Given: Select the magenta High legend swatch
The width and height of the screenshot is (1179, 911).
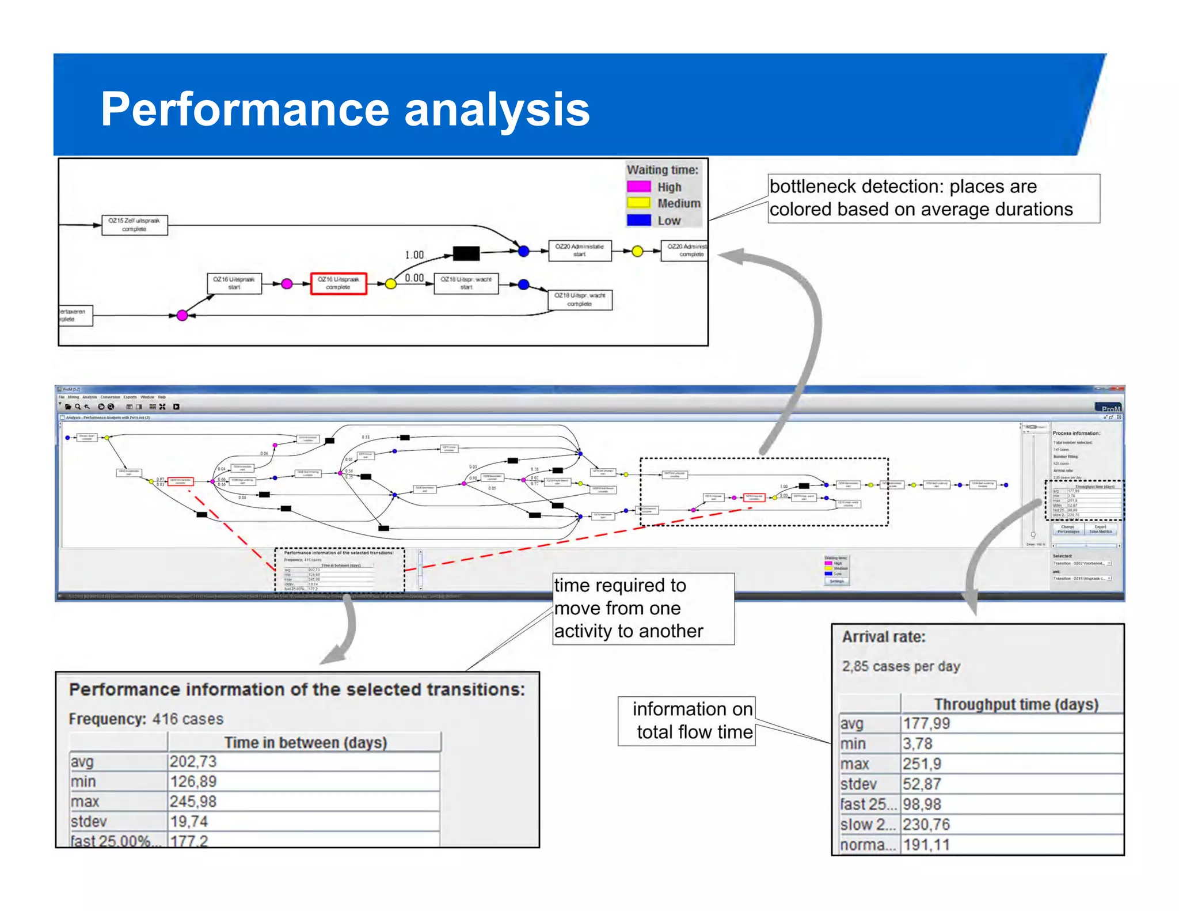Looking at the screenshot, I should (x=638, y=187).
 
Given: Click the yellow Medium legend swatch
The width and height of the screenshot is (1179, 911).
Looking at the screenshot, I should (x=638, y=203).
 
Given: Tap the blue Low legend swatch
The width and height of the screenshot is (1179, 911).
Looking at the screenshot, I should (x=638, y=220).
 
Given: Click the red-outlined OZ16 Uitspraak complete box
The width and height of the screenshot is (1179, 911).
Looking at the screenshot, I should (x=339, y=283).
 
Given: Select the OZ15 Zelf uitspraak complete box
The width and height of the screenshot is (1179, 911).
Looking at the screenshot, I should (x=135, y=225).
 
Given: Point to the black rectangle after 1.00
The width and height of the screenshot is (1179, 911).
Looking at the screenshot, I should (x=466, y=253).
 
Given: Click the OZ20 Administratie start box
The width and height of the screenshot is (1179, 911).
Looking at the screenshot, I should (x=579, y=250).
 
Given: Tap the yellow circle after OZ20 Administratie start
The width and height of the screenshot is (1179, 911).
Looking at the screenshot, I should (x=637, y=251).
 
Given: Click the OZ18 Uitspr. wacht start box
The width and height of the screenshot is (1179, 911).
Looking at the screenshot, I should (x=466, y=283).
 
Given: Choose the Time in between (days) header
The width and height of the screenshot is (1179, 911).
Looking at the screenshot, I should (x=305, y=743).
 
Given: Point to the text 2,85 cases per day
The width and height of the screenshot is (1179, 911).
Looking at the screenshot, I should (x=901, y=666).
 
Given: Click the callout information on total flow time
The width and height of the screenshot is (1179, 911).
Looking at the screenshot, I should (x=687, y=720).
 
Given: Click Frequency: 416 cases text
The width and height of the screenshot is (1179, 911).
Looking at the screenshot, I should (x=146, y=719).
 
